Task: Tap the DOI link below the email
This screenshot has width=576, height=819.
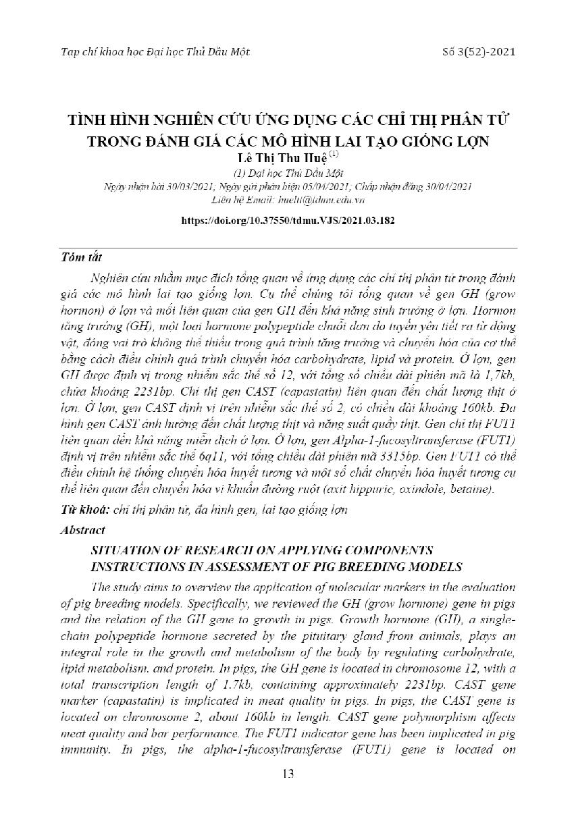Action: click(288, 221)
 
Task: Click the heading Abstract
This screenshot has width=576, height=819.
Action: click(82, 530)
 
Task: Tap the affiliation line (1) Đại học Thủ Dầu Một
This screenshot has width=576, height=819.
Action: click(288, 173)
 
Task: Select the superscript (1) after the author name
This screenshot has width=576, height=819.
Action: click(334, 154)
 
